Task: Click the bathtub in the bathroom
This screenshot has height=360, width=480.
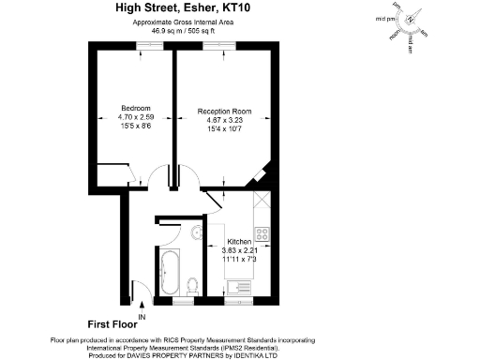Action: click(171, 272)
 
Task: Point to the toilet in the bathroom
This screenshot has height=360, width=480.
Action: click(192, 282)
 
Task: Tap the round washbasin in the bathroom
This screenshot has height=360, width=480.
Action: click(197, 233)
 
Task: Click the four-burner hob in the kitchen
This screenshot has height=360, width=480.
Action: click(263, 232)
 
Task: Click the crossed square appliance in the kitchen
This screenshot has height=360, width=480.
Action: click(262, 199)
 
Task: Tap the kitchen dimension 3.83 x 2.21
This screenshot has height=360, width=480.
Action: click(238, 250)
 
